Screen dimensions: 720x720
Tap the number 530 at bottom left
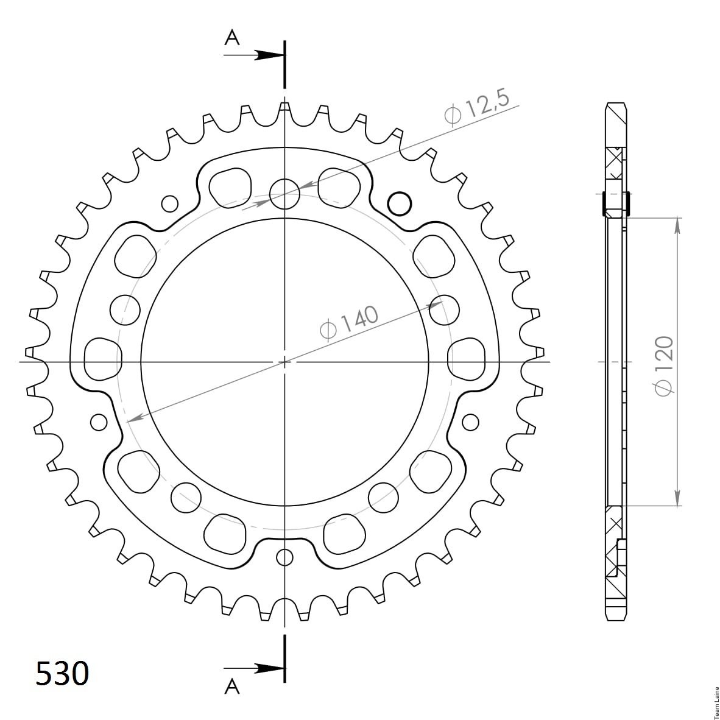[x=62, y=674]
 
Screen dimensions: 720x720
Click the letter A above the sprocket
[x=232, y=38]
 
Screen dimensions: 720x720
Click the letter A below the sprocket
[x=232, y=686]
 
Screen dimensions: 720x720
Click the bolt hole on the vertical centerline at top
[x=284, y=194]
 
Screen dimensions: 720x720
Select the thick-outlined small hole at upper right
[x=400, y=203]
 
